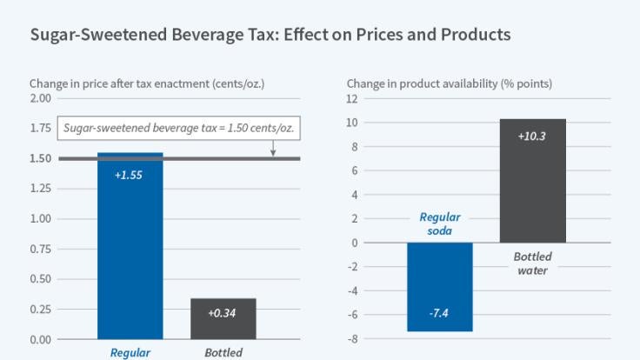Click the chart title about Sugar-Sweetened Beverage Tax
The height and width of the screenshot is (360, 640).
(x=270, y=36)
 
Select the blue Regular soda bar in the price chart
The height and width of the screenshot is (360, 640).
(x=130, y=252)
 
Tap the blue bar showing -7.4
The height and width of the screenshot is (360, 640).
(x=440, y=287)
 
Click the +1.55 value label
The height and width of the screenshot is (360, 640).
(x=130, y=174)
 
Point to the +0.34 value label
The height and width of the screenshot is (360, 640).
(x=223, y=313)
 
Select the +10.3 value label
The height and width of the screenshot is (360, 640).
(x=533, y=136)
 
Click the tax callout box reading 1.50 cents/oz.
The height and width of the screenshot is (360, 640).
(x=179, y=129)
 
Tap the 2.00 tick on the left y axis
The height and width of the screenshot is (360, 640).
(x=40, y=98)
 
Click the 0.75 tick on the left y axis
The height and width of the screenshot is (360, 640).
(x=40, y=249)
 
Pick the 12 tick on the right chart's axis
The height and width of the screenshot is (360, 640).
(x=352, y=98)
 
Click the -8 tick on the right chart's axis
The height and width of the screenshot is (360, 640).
(x=352, y=339)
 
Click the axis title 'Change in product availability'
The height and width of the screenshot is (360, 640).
(x=449, y=83)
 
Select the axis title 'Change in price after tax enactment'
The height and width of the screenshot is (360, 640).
(x=146, y=83)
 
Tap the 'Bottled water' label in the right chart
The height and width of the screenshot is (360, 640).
(x=532, y=263)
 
